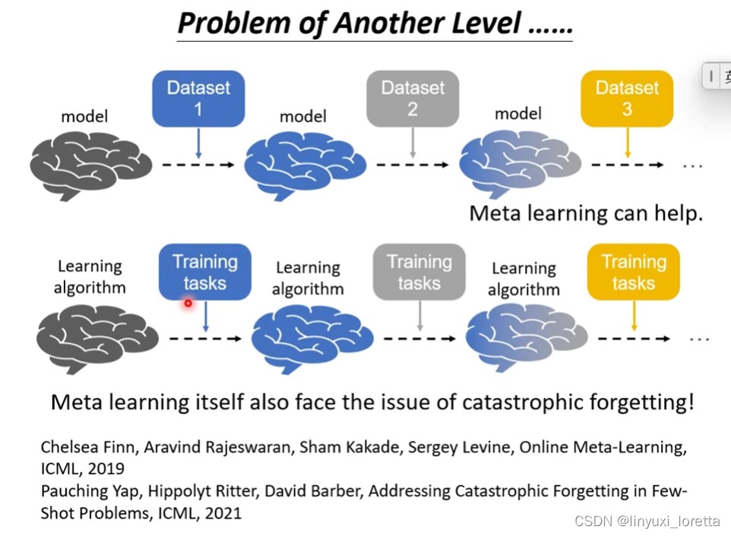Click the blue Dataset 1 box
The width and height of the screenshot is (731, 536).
[x=198, y=98]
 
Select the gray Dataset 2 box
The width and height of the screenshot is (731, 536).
[x=413, y=98]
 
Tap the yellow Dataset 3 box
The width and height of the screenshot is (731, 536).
[x=627, y=98]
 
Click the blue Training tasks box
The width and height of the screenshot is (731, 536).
[x=204, y=272]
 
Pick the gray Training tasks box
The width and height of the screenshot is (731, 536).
[x=419, y=272]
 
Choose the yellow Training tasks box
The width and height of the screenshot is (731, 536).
[x=633, y=272]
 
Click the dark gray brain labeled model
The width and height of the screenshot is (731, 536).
[x=90, y=165]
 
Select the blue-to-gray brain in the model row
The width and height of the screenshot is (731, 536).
[x=519, y=165]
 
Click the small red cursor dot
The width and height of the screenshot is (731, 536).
[x=188, y=303]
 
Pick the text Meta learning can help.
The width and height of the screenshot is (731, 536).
[x=586, y=213]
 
